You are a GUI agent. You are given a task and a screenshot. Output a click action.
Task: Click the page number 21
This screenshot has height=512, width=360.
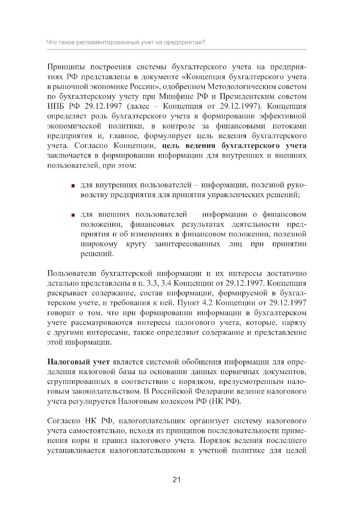pyautogui.click(x=176, y=479)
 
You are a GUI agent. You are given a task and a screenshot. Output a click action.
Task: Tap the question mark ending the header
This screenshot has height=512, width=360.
pyautogui.click(x=204, y=42)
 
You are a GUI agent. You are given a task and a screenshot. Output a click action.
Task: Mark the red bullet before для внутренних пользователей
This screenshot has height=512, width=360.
pyautogui.click(x=73, y=186)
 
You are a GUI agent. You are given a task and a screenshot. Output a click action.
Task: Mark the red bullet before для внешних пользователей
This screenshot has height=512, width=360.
pyautogui.click(x=73, y=215)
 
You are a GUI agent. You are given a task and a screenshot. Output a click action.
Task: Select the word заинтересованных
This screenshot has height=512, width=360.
pyautogui.click(x=187, y=244)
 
